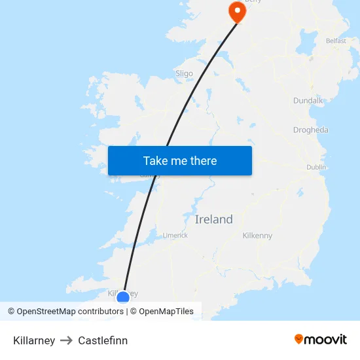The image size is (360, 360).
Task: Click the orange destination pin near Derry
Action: pyautogui.click(x=236, y=10)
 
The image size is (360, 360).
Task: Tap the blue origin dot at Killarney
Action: pyautogui.click(x=123, y=298)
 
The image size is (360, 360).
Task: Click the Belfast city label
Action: pyautogui.click(x=336, y=41)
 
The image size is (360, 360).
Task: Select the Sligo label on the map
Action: pyautogui.click(x=185, y=73)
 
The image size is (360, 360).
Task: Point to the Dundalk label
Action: pyautogui.click(x=308, y=101)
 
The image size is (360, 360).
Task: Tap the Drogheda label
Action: pyautogui.click(x=311, y=130)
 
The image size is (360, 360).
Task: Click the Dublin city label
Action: pyautogui.click(x=316, y=167)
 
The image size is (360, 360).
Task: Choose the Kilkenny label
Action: pyautogui.click(x=257, y=236)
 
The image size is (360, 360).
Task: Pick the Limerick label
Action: pyautogui.click(x=175, y=235)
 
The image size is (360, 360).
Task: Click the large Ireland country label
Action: pyautogui.click(x=213, y=219)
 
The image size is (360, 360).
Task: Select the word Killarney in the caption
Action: pyautogui.click(x=34, y=340)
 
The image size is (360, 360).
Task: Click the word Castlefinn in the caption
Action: pyautogui.click(x=103, y=340)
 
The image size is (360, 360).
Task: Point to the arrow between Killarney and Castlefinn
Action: pyautogui.click(x=66, y=340)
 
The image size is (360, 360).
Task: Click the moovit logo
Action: pyautogui.click(x=321, y=339)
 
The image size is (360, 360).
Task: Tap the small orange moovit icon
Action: pyautogui.click(x=299, y=339)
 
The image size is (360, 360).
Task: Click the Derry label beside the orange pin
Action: pyautogui.click(x=253, y=2)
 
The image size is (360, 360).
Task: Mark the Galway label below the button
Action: pyautogui.click(x=151, y=175)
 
